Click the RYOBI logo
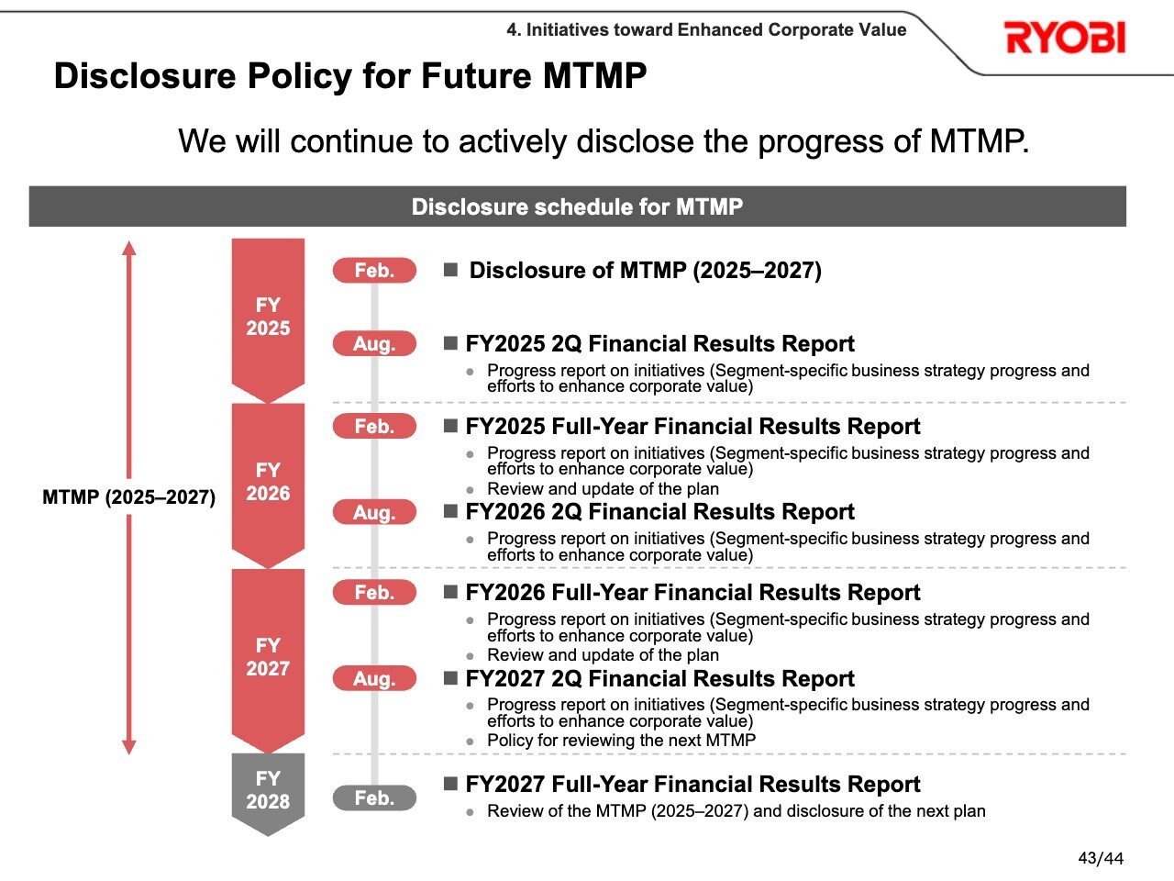1065,38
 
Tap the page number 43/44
1101,858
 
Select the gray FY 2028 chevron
268,794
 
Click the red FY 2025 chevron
268,320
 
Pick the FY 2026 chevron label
268,482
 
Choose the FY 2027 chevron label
268,657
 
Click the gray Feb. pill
374,798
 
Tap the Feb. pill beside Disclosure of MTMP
374,270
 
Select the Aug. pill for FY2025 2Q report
374,343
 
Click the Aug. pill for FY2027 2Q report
374,678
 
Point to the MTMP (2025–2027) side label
129,496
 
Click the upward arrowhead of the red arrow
129,248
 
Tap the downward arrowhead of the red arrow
129,747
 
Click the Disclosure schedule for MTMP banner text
577,206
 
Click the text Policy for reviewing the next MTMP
622,741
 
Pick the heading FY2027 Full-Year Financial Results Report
692,784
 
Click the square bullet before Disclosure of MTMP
451,270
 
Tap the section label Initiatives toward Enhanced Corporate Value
716,30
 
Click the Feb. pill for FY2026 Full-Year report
374,592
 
